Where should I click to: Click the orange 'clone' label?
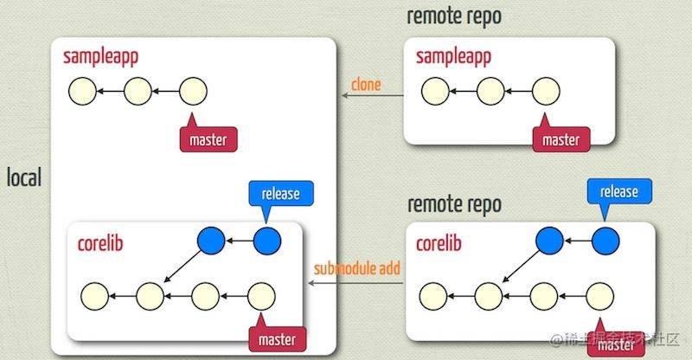click(366, 85)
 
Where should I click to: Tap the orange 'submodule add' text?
click(357, 268)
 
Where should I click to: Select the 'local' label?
click(24, 178)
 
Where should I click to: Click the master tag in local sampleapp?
click(208, 138)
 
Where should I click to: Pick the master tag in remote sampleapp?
click(561, 138)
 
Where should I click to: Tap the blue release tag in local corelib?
click(279, 194)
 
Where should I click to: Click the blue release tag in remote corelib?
click(618, 192)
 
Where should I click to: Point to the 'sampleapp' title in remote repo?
click(454, 57)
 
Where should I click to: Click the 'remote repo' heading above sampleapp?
click(453, 16)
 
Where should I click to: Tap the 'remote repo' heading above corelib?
click(453, 205)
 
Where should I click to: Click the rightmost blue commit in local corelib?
click(267, 241)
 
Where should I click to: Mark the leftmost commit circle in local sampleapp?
click(82, 89)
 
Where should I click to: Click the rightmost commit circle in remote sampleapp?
click(546, 90)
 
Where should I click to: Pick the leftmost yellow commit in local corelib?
click(93, 296)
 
